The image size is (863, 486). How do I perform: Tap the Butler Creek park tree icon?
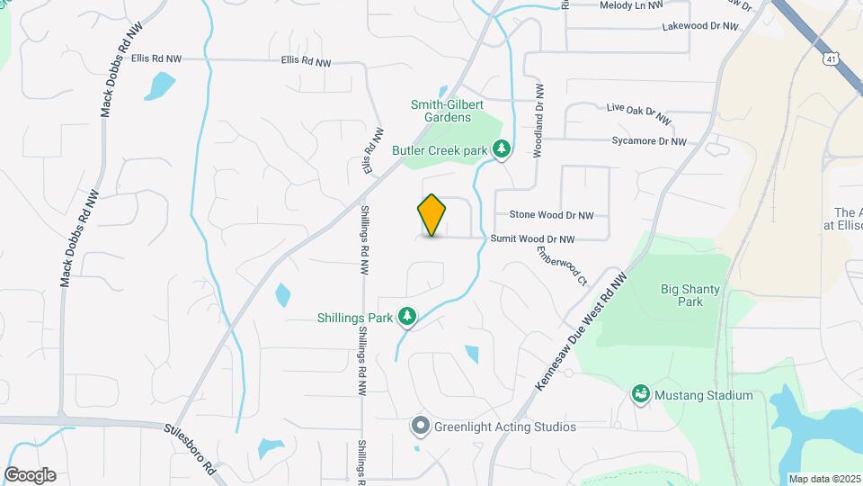pos(503,149)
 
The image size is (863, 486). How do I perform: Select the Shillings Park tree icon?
pos(408,316)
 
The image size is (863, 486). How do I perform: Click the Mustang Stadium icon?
pos(641,394)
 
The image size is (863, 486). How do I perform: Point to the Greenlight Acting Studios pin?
pos(420,426)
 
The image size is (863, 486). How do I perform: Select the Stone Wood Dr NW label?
pos(552,215)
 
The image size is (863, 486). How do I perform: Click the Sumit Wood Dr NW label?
pos(532,239)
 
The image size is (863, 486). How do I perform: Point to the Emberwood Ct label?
pos(562,265)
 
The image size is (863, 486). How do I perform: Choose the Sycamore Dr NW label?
pos(648,141)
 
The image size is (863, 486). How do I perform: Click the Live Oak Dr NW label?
pos(638,113)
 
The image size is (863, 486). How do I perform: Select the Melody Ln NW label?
pos(631,5)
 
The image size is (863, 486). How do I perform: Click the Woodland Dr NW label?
pos(539,121)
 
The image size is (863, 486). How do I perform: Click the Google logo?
pos(30,475)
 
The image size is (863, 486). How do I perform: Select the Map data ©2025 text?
pos(823,478)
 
